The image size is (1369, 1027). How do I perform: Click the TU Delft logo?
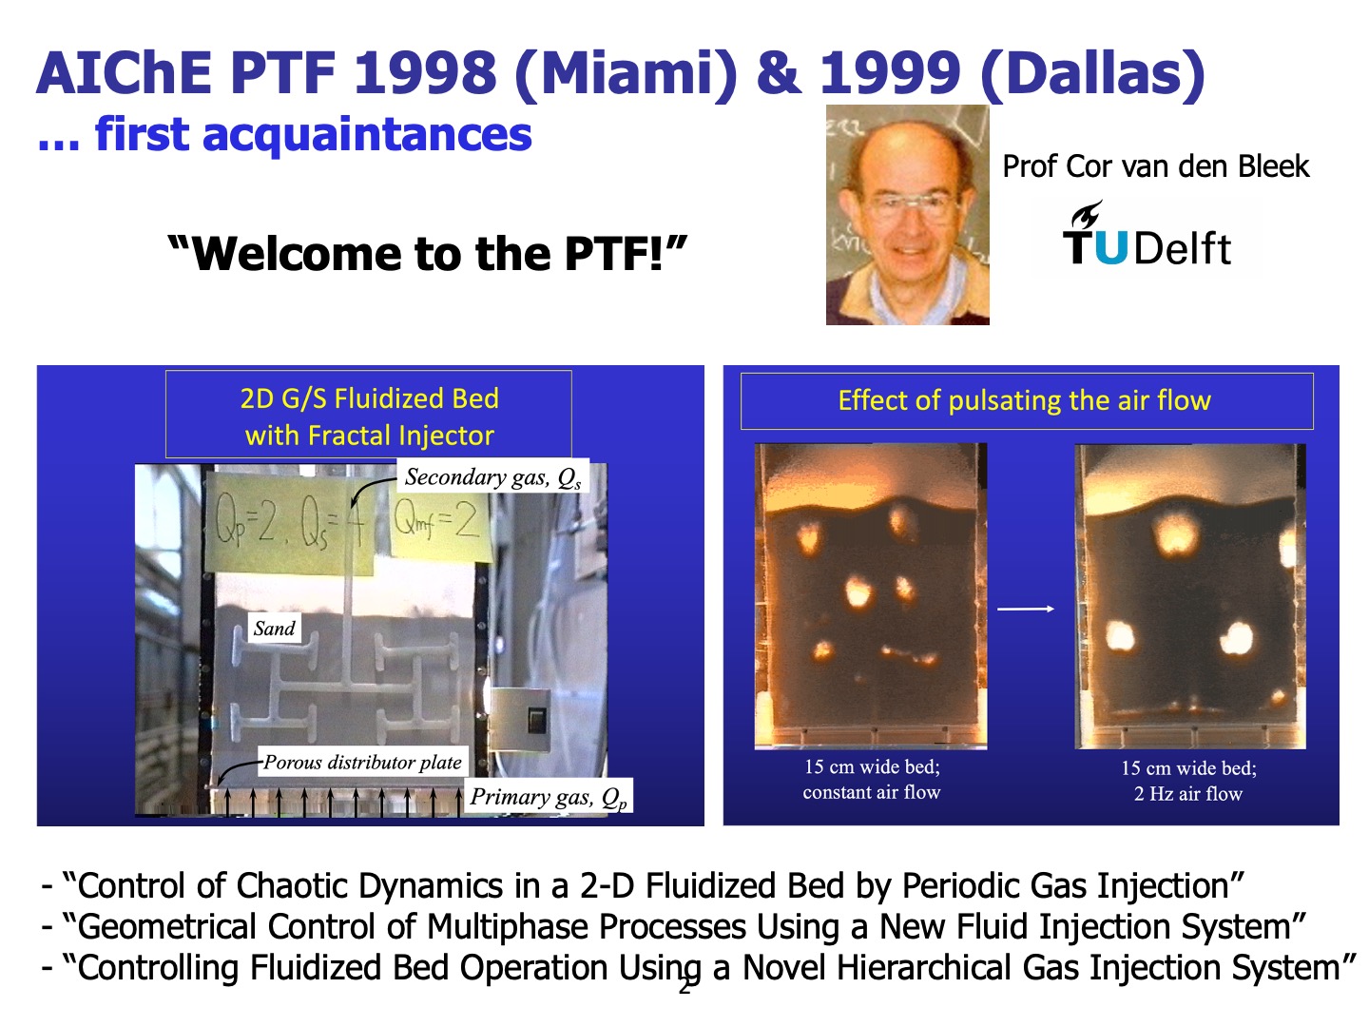pyautogui.click(x=1146, y=234)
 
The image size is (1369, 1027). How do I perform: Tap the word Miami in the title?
pyautogui.click(x=626, y=73)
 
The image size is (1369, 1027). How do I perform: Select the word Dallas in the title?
pyautogui.click(x=1092, y=73)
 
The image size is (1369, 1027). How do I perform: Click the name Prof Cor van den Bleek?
pyautogui.click(x=1155, y=166)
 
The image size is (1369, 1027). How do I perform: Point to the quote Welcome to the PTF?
pyautogui.click(x=427, y=253)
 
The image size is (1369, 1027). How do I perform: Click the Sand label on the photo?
pyautogui.click(x=274, y=628)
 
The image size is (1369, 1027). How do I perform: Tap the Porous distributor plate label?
pyautogui.click(x=362, y=762)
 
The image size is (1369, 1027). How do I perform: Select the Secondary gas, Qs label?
pyautogui.click(x=492, y=477)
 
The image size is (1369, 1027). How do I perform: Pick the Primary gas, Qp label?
pyautogui.click(x=549, y=796)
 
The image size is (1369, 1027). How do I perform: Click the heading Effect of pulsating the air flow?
pyautogui.click(x=1024, y=400)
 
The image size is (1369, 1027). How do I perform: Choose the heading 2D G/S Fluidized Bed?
pyautogui.click(x=369, y=398)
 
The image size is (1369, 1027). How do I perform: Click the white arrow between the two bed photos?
pyautogui.click(x=1026, y=609)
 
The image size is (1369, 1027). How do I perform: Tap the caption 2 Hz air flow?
pyautogui.click(x=1188, y=794)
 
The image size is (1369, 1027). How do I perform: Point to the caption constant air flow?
pyautogui.click(x=871, y=792)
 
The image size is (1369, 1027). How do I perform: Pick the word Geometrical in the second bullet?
pyautogui.click(x=167, y=927)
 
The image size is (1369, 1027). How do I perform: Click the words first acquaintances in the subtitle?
pyautogui.click(x=313, y=134)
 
